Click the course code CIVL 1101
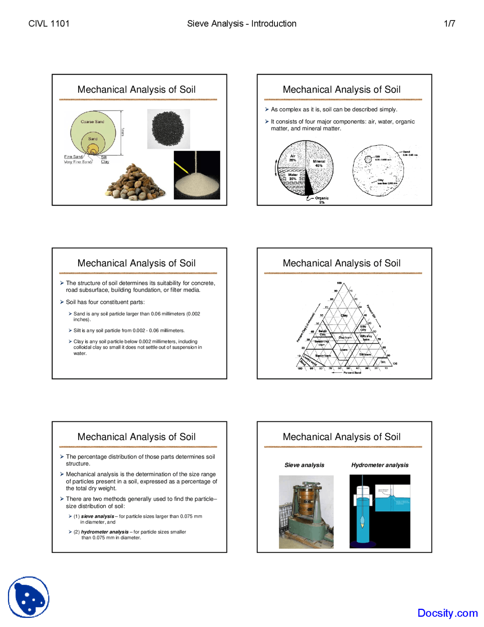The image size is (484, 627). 49,23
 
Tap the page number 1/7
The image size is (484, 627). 449,23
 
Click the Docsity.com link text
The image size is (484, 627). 447,613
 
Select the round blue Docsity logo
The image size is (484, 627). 29,597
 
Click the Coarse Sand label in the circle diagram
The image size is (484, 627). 92,122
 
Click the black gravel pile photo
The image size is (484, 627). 168,129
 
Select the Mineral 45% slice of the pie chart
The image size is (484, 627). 319,163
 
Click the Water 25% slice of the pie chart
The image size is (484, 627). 293,177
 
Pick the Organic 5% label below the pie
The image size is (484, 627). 321,200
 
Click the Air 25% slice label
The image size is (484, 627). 293,158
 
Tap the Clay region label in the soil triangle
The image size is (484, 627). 344,315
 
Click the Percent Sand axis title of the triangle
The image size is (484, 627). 352,373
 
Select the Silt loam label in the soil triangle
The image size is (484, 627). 365,354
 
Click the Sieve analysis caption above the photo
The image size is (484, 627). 304,465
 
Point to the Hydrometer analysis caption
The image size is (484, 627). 380,465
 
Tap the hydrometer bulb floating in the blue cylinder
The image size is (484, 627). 362,523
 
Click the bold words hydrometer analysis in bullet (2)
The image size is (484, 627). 105,532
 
